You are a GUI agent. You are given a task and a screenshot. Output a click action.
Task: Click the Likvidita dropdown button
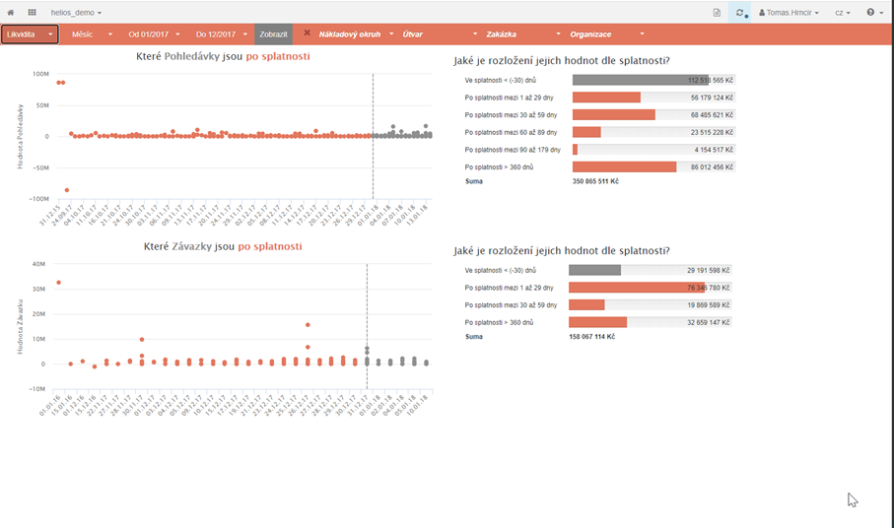click(x=30, y=34)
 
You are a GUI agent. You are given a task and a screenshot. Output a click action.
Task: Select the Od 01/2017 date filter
click(x=154, y=34)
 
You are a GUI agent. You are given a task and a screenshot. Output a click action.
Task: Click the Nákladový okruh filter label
click(x=349, y=34)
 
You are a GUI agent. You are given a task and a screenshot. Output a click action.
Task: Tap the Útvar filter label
click(x=413, y=34)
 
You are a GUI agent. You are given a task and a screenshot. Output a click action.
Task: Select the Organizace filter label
click(x=590, y=34)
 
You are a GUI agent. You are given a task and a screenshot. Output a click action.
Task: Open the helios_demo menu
click(x=76, y=12)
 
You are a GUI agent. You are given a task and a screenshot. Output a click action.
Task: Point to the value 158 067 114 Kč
click(x=591, y=337)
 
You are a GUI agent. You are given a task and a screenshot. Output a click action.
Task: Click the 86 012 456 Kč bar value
click(x=711, y=167)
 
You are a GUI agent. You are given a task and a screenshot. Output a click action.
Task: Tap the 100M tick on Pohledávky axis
click(x=40, y=74)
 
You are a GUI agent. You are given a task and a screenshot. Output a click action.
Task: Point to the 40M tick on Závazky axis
click(x=40, y=264)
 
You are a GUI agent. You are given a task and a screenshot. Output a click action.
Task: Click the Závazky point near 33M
click(x=58, y=283)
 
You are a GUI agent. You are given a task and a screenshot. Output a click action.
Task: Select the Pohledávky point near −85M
click(x=67, y=190)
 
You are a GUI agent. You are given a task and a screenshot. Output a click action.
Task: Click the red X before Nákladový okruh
click(x=307, y=33)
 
